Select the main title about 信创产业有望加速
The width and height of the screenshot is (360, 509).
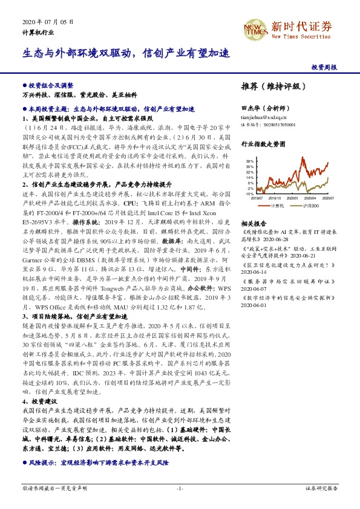tap(126, 53)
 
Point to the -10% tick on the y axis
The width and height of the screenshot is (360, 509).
tap(249, 194)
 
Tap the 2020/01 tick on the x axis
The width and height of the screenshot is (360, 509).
tap(293, 198)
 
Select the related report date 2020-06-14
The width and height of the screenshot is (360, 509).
tap(254, 272)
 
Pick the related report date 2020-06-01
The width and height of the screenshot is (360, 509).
tap(254, 305)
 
